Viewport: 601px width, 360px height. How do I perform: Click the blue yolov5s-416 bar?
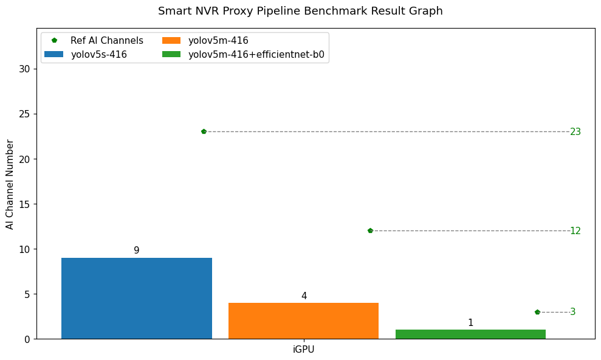coord(137,298)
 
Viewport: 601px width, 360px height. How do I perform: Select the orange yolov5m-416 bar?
coord(303,320)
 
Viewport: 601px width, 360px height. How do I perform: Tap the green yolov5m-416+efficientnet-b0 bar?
coord(470,334)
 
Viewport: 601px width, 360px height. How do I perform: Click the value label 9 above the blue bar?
coord(137,251)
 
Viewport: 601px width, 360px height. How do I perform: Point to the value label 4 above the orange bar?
coord(304,296)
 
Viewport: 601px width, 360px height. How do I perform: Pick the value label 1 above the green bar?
coord(470,323)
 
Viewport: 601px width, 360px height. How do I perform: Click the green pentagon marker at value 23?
coord(204,131)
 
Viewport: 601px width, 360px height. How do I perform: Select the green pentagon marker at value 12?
coord(370,230)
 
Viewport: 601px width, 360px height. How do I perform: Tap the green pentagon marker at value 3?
coord(537,312)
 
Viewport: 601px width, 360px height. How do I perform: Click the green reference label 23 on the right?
coord(575,132)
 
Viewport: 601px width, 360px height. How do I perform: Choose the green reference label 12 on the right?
coord(575,231)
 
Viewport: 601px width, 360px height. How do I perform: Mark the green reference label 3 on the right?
coord(572,312)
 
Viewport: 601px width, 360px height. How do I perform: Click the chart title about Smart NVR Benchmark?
coord(300,11)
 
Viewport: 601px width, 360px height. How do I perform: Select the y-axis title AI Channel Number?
coord(10,184)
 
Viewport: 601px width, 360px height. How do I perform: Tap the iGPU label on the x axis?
coord(303,350)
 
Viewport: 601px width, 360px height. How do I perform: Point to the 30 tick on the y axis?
coord(24,69)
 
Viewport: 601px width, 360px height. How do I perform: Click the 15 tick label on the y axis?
coord(24,204)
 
